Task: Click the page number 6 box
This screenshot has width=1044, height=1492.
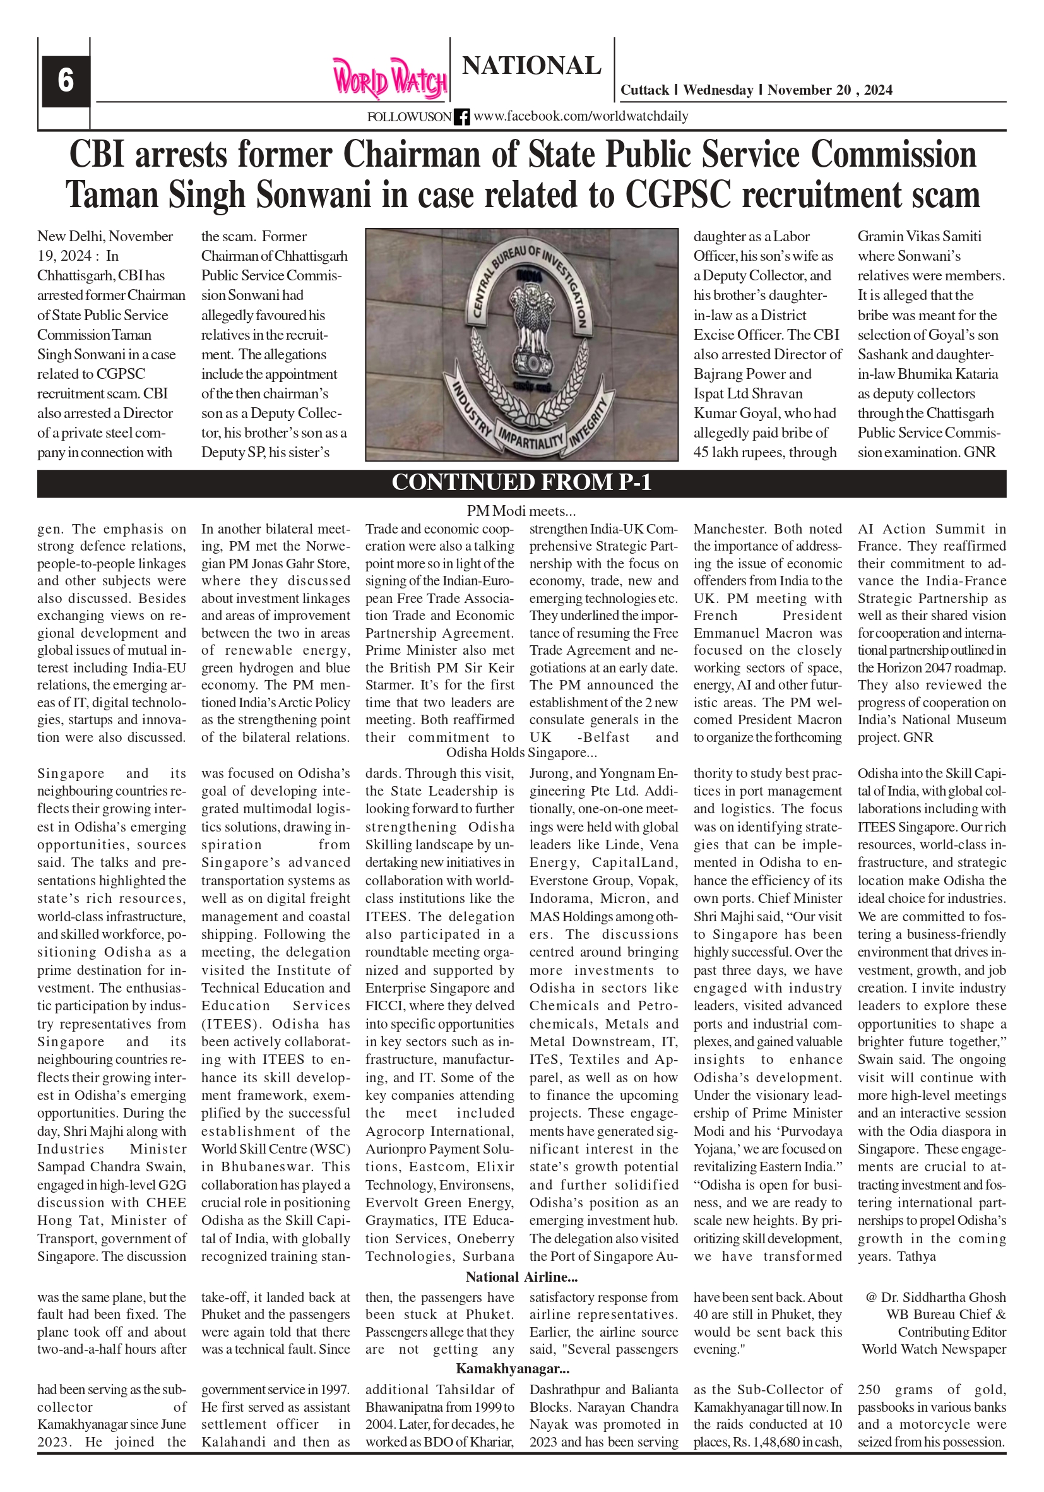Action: [x=66, y=81]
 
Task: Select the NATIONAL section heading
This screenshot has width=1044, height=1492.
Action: [x=531, y=66]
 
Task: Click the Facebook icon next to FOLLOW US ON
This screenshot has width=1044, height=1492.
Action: [x=462, y=117]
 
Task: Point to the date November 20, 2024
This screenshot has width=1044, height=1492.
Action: [x=829, y=90]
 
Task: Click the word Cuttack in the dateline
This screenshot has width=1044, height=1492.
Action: [x=644, y=90]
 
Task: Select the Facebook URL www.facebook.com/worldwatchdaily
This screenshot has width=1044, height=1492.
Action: [x=581, y=116]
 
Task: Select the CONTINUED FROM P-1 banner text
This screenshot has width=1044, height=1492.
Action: [x=521, y=483]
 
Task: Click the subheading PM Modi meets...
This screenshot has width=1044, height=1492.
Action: [x=521, y=511]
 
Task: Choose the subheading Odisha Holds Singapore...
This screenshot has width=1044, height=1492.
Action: [x=521, y=753]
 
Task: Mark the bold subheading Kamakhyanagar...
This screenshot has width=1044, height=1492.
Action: [x=513, y=1369]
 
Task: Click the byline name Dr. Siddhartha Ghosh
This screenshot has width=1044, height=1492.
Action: [x=942, y=1298]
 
